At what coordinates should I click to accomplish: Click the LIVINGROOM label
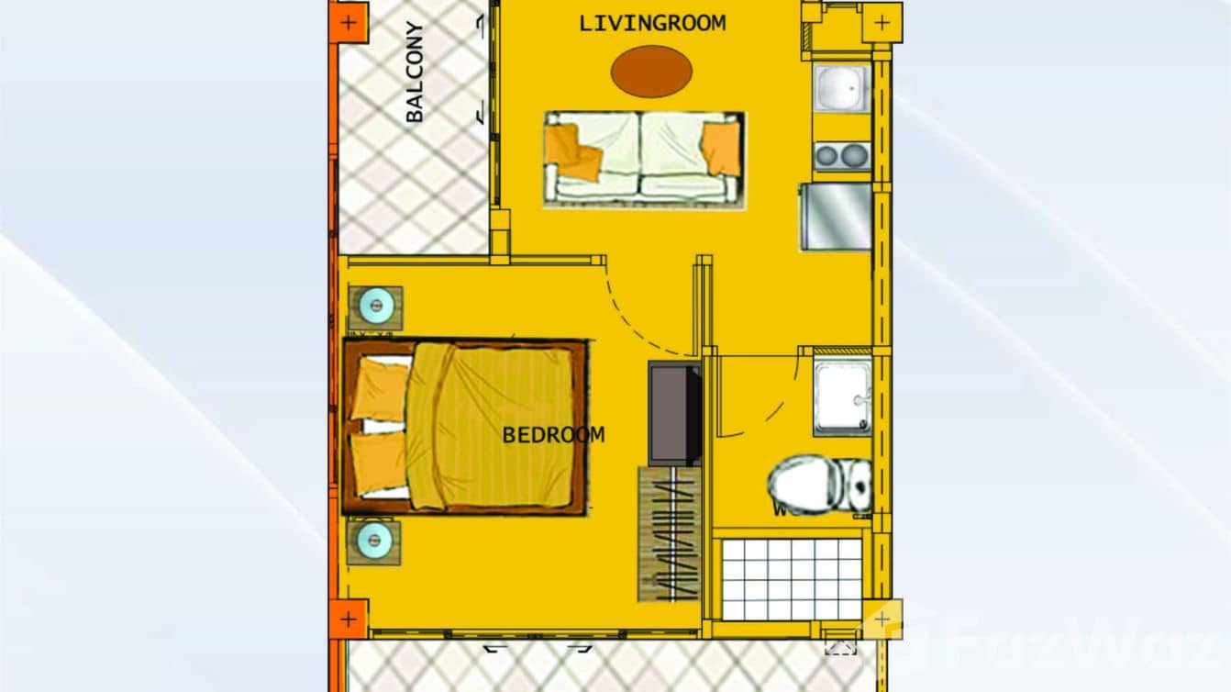(652, 23)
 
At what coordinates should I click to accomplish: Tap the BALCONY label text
(415, 73)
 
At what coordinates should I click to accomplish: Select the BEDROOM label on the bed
(553, 435)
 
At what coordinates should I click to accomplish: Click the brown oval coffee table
(651, 71)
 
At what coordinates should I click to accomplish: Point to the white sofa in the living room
(643, 158)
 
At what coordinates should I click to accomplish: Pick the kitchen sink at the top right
(841, 89)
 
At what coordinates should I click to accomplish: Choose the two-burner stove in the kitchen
(841, 156)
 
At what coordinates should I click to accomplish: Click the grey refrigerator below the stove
(836, 217)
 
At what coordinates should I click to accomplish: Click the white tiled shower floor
(792, 578)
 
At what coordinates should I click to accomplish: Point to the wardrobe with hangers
(670, 535)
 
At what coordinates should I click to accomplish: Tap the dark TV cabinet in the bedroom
(675, 412)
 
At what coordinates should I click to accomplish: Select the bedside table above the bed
(375, 307)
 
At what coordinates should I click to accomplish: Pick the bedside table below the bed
(374, 541)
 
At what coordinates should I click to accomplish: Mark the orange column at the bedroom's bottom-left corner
(348, 619)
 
